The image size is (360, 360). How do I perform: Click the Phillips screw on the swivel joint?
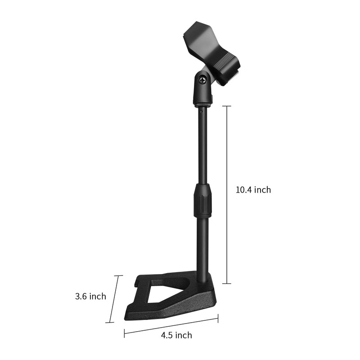click(203, 81)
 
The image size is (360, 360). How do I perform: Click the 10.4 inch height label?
click(253, 190)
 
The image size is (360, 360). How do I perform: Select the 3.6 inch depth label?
click(90, 296)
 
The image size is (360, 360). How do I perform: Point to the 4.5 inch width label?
click(176, 335)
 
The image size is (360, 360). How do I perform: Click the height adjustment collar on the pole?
click(202, 200)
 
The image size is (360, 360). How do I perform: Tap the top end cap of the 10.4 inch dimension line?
click(227, 106)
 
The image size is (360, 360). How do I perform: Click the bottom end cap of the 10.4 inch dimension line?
click(227, 283)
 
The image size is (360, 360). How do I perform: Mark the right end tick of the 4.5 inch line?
click(218, 318)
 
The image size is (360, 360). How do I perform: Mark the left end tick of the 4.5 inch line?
click(125, 333)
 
